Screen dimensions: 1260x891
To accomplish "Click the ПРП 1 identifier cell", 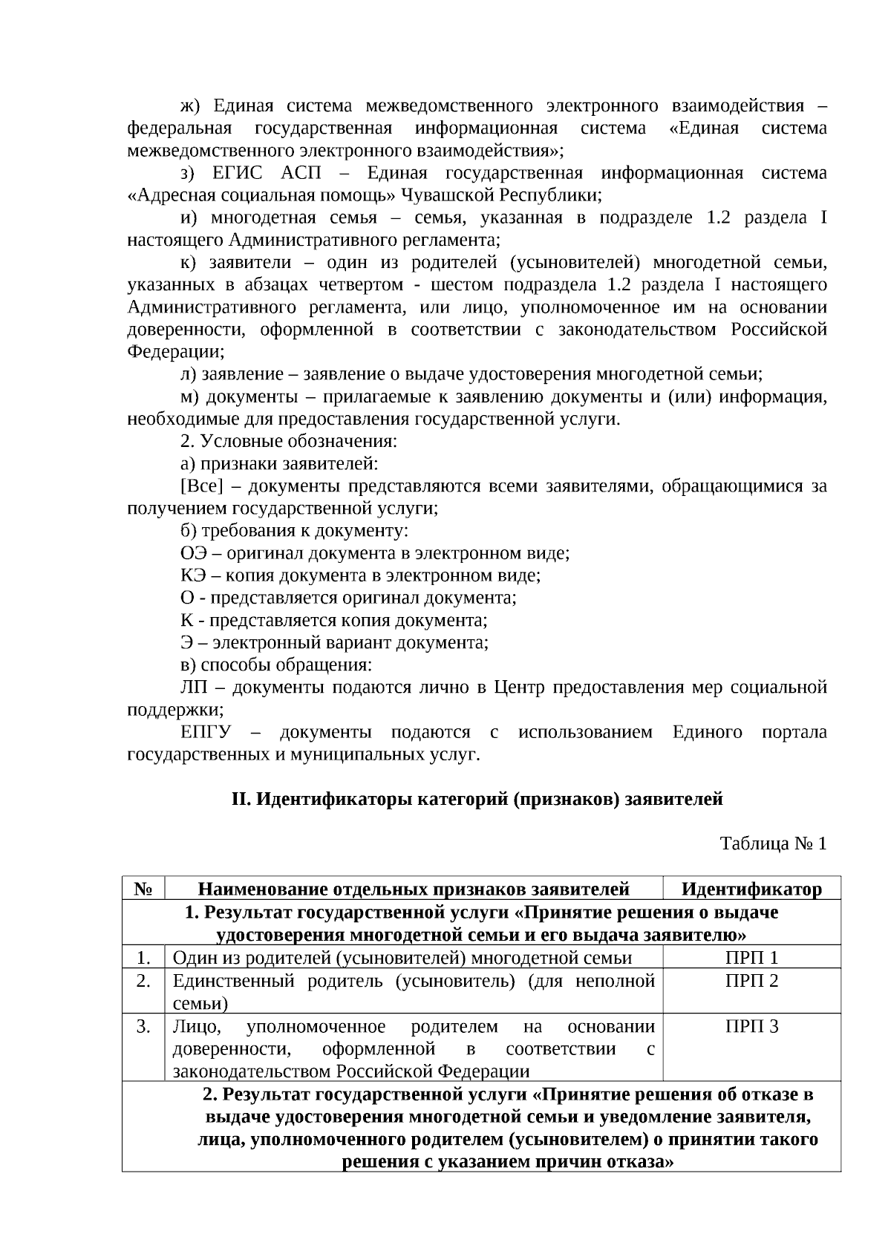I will click(751, 958).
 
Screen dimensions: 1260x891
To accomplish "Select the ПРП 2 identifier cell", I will click(751, 982).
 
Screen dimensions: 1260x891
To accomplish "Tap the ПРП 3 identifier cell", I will click(751, 1027).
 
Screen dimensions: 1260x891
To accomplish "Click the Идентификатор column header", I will click(751, 889).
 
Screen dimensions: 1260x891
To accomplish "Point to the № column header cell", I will click(144, 889).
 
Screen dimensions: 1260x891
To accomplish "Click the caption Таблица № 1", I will click(773, 843).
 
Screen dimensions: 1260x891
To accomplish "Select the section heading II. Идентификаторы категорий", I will click(477, 800).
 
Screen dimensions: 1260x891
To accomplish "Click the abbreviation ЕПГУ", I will click(206, 733).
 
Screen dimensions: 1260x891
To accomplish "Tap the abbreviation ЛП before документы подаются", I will click(195, 688).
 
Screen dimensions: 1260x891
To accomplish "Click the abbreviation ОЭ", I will click(196, 553).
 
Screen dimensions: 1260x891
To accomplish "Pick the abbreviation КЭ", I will click(195, 575).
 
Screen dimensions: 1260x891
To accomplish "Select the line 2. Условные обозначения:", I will click(289, 442).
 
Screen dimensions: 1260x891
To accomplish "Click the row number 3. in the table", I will click(144, 1027).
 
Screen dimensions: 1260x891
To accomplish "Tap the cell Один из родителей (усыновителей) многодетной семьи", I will click(402, 958).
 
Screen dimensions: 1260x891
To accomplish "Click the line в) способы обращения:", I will click(276, 665).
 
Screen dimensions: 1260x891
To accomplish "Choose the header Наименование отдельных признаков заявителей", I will click(414, 889).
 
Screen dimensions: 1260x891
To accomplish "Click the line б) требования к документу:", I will click(294, 531).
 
